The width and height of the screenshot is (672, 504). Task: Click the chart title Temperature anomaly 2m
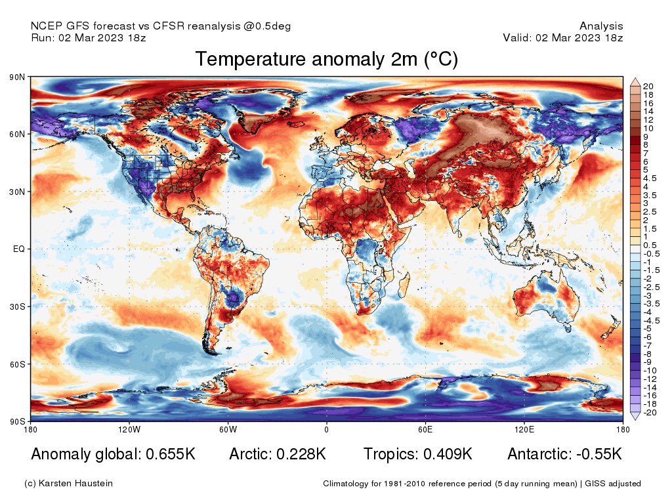click(x=326, y=60)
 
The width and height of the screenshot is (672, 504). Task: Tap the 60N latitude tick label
click(x=18, y=135)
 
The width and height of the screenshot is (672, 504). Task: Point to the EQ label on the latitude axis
click(x=19, y=249)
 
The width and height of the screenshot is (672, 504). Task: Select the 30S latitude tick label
click(x=18, y=306)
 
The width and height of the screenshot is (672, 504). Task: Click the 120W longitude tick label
click(x=129, y=430)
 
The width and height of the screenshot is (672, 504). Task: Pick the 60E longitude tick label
click(x=425, y=430)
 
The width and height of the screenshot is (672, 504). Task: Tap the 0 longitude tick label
click(x=326, y=430)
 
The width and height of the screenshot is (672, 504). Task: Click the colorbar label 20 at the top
click(x=648, y=87)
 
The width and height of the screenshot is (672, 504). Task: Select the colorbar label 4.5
click(x=649, y=178)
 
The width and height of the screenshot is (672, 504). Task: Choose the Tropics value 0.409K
click(x=447, y=454)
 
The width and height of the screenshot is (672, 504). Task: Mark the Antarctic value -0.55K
click(x=595, y=454)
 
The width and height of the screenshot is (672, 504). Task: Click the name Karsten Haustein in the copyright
click(x=77, y=484)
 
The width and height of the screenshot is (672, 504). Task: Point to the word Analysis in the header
click(x=601, y=26)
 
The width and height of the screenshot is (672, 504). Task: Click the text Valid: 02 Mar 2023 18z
click(x=563, y=37)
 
